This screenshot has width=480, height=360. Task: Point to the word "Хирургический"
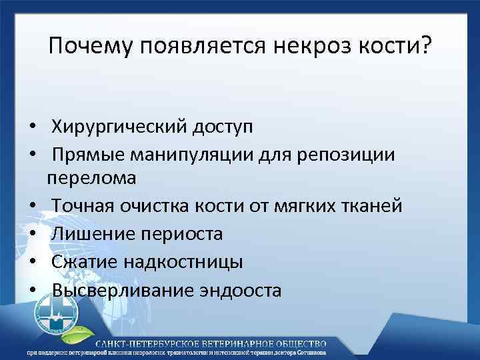pyautogui.click(x=118, y=126)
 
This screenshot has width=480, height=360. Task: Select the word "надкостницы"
pyautogui.click(x=186, y=262)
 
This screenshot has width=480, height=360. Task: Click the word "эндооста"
pyautogui.click(x=239, y=291)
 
